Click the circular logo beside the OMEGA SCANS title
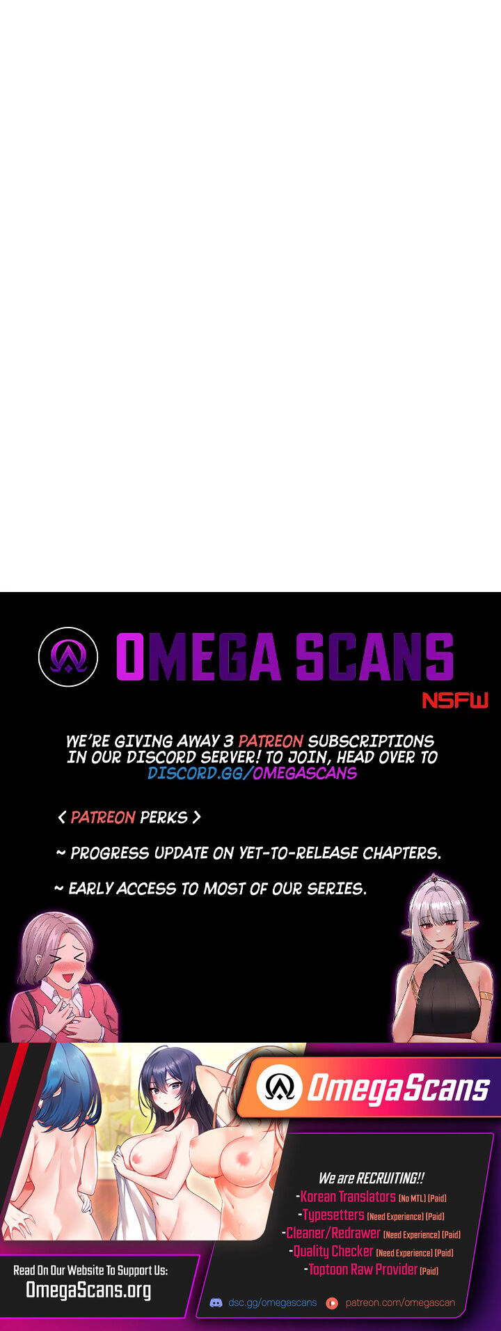click(x=68, y=657)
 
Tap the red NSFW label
click(x=456, y=700)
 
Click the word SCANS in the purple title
click(x=374, y=657)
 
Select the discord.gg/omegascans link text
click(x=252, y=773)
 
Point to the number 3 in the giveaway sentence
click(x=229, y=741)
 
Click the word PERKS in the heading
click(x=164, y=817)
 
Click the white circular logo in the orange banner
click(x=279, y=1087)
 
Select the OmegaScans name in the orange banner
click(x=399, y=1089)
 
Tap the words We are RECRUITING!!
click(x=371, y=1178)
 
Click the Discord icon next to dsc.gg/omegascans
click(x=216, y=1302)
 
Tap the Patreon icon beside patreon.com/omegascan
click(x=332, y=1302)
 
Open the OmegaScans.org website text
click(x=88, y=1291)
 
